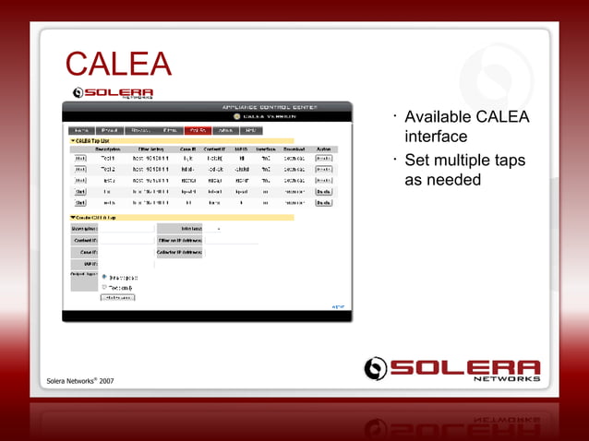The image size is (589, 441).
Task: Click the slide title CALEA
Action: tap(118, 66)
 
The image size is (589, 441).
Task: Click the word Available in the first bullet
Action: tap(438, 117)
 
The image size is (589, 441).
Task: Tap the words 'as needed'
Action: tap(443, 180)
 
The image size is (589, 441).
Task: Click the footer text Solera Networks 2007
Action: tap(81, 381)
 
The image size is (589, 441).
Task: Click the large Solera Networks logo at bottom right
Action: tap(451, 368)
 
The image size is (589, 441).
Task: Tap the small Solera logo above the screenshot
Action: tap(114, 92)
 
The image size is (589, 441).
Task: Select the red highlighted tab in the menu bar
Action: tap(198, 131)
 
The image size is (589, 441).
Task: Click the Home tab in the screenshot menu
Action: tap(81, 131)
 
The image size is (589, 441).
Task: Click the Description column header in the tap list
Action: tap(108, 149)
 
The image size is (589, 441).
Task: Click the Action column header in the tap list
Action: tap(323, 149)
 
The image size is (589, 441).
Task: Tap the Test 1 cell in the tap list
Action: tap(108, 159)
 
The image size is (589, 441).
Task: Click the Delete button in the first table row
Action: tap(323, 159)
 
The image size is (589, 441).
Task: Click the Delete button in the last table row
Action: tap(323, 202)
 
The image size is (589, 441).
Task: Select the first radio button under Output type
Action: tap(103, 276)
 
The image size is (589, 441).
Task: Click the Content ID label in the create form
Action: tap(84, 240)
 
